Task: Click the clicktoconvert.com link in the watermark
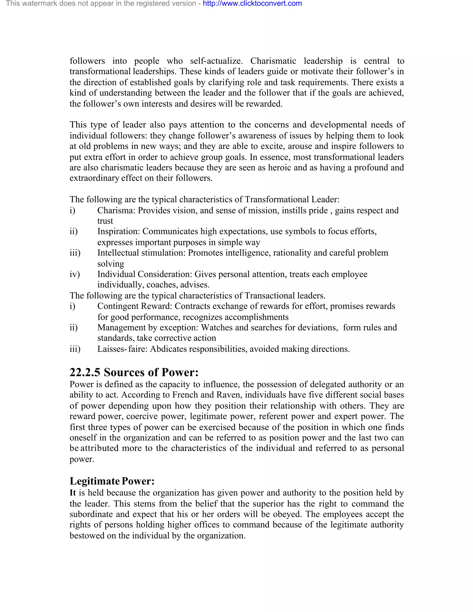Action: coord(252,4)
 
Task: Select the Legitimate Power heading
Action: coord(112,481)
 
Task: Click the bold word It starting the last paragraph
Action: coord(73,493)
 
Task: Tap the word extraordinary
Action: coord(94,178)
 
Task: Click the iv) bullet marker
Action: coord(75,274)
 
